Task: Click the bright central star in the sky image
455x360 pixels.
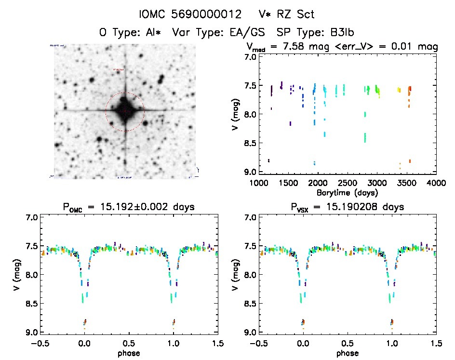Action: coord(125,110)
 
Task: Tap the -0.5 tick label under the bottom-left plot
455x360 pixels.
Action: coord(38,344)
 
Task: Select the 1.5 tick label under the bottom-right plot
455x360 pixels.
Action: coord(436,344)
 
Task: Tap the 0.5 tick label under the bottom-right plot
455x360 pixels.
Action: coord(347,344)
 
